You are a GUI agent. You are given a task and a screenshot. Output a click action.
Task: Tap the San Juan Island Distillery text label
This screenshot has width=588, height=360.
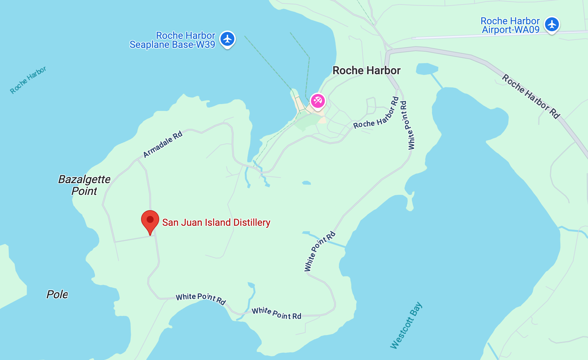pos(216,223)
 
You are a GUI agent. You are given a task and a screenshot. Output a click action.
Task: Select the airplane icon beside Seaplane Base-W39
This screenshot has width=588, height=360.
pos(227,39)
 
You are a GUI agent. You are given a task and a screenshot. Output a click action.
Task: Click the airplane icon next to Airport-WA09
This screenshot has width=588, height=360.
pos(552,25)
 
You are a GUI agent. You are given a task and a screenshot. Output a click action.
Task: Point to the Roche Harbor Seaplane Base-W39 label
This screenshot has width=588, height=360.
pos(172,40)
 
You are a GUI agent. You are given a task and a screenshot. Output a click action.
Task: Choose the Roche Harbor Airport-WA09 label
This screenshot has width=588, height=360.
pos(510,25)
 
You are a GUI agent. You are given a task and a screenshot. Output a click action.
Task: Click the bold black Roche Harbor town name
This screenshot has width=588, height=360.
pos(366,71)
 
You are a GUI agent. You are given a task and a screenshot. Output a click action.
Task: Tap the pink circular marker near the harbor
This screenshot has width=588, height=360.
pos(318,101)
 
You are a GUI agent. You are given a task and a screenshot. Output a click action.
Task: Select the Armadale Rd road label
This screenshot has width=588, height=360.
pos(163,144)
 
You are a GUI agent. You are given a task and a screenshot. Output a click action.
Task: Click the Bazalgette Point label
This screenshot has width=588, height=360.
pos(84,185)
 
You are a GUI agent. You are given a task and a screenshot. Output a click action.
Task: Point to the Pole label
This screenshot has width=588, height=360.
pos(57,294)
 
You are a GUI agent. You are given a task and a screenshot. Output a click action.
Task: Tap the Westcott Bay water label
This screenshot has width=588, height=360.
pos(406,325)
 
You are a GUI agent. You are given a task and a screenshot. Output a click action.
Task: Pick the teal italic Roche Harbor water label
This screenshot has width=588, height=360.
pos(28,80)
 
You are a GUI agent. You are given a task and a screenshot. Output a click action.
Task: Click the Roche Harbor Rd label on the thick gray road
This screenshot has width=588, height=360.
pos(531,96)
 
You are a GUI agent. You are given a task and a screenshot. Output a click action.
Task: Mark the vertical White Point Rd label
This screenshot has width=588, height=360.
pos(408,125)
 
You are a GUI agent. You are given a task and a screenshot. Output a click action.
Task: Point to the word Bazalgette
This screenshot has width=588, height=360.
pos(84,179)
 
